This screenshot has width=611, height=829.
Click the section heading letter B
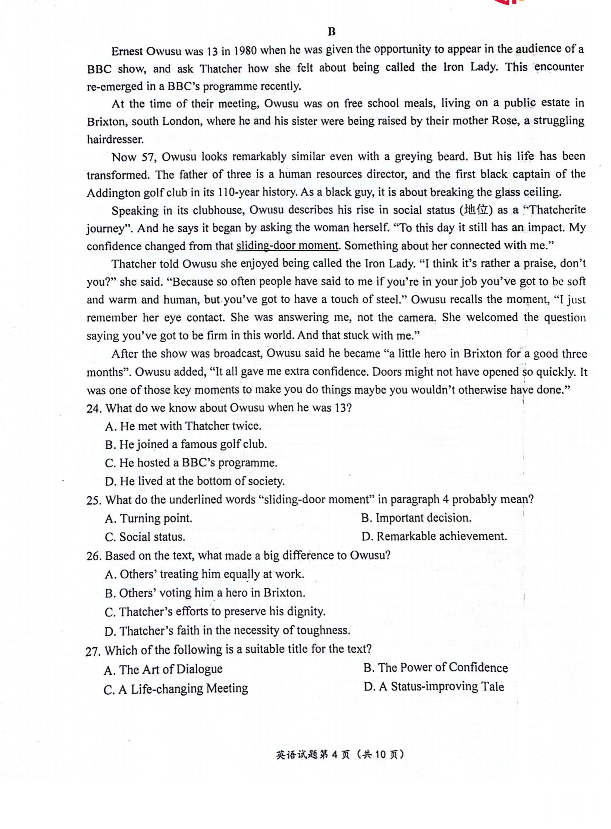pos(331,32)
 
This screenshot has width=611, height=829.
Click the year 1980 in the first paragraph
pos(245,50)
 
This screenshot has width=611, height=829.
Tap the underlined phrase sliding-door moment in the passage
pos(287,245)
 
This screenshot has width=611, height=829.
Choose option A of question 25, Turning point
pos(149,518)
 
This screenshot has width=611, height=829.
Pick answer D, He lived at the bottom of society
pos(195,481)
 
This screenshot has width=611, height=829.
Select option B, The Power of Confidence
pos(436,667)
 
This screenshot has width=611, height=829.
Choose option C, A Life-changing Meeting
pos(176,688)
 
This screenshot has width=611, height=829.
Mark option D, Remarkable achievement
pos(434,536)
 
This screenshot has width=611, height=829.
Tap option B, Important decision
pos(416,518)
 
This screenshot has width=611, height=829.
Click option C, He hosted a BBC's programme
pos(191,463)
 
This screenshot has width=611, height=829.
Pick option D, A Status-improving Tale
pos(434,686)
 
